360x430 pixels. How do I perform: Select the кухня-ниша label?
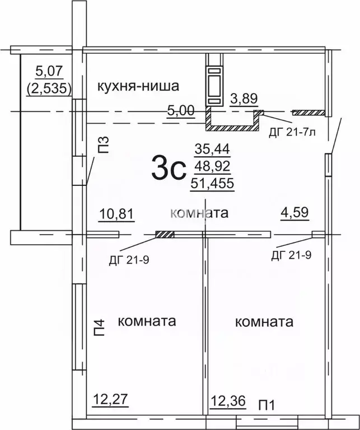[x=138, y=86]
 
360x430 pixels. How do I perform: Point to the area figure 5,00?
[x=181, y=110]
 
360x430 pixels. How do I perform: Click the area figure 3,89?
[x=244, y=99]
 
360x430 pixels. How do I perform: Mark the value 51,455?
[x=212, y=183]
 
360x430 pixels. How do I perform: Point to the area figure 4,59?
[x=295, y=213]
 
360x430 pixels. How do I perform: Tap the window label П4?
[x=99, y=326]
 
